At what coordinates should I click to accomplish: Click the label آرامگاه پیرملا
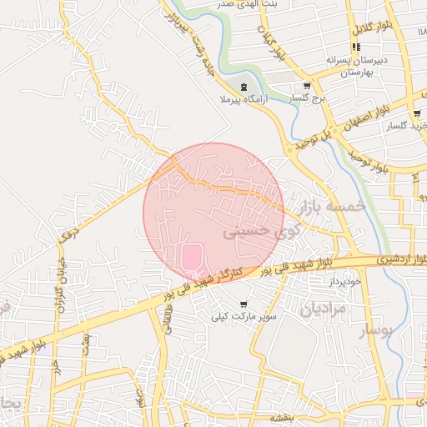pos(243,100)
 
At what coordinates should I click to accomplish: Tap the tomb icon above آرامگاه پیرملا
pos(244,87)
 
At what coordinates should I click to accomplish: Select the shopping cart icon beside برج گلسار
pos(307,86)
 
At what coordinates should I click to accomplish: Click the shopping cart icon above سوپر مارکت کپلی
pos(244,304)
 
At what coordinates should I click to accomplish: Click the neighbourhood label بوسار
pos(374,332)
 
